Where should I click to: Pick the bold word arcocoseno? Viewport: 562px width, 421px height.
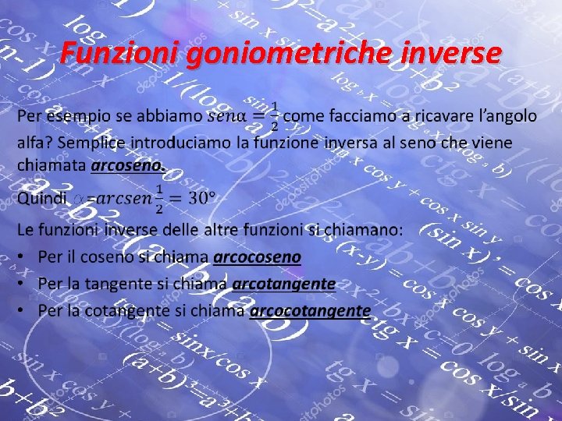[x=257, y=256]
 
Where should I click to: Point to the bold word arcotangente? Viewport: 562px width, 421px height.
[x=284, y=283]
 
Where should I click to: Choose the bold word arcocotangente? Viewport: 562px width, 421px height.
[x=310, y=310]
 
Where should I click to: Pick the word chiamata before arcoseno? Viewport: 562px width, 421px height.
[x=52, y=165]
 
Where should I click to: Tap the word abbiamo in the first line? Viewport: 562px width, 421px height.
[x=168, y=116]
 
